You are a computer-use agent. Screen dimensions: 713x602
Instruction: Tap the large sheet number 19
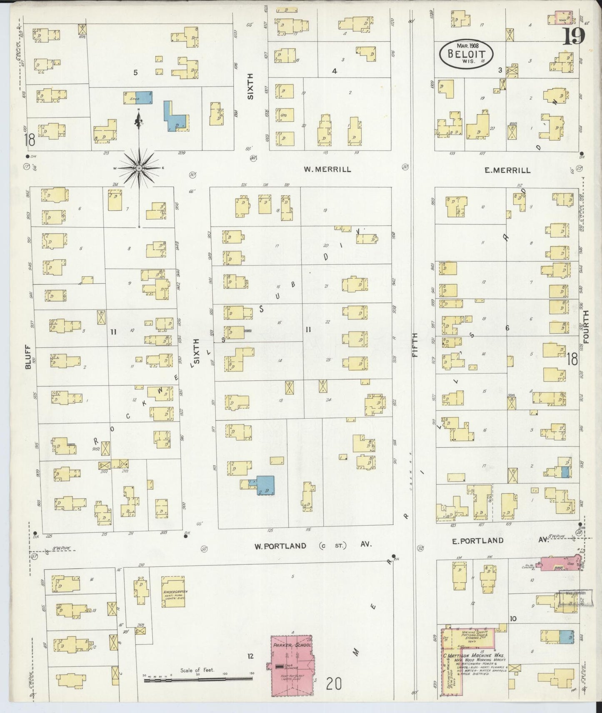(x=575, y=37)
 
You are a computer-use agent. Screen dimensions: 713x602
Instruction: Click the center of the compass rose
(x=139, y=168)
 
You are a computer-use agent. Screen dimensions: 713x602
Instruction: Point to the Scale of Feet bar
(x=198, y=679)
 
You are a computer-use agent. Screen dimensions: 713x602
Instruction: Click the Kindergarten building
(x=173, y=591)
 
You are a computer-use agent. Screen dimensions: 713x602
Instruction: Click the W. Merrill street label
(x=327, y=169)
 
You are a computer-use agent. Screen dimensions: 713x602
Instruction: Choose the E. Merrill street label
(x=507, y=170)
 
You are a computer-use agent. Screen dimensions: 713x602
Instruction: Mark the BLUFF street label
(x=28, y=356)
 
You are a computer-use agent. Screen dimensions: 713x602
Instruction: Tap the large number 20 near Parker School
(x=334, y=684)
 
